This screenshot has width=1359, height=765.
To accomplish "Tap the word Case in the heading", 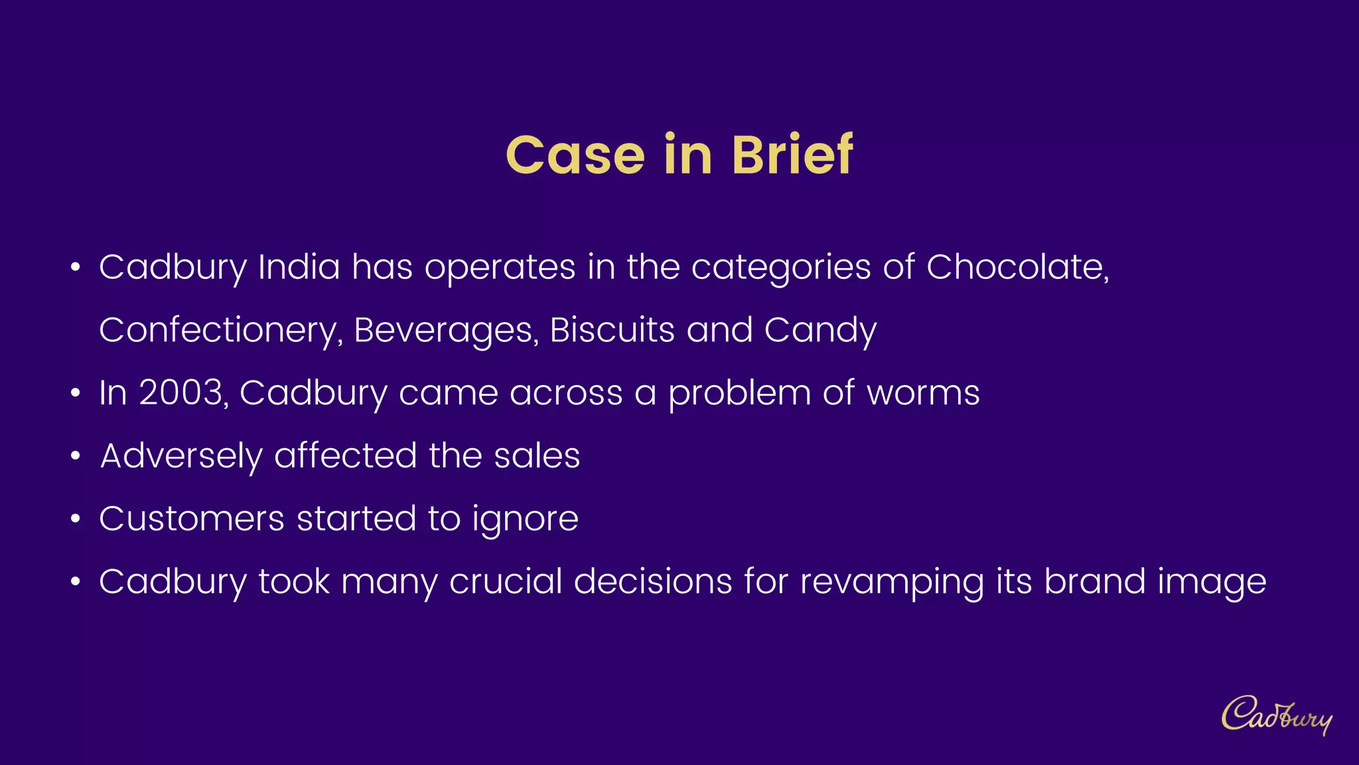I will pyautogui.click(x=575, y=155).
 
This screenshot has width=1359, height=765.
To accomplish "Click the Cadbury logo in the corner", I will pyautogui.click(x=1276, y=715).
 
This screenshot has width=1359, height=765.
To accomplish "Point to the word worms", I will pyautogui.click(x=923, y=393).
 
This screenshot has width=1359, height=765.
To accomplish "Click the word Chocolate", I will pyautogui.click(x=1017, y=268).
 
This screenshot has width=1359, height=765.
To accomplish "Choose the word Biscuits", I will pyautogui.click(x=612, y=330).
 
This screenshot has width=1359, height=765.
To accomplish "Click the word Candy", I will pyautogui.click(x=820, y=331).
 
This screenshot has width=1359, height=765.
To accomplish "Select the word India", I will pyautogui.click(x=299, y=267).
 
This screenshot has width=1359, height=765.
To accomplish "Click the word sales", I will pyautogui.click(x=537, y=456).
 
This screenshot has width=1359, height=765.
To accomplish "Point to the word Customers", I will pyautogui.click(x=192, y=519).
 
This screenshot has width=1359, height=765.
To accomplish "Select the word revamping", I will pyautogui.click(x=892, y=582).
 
